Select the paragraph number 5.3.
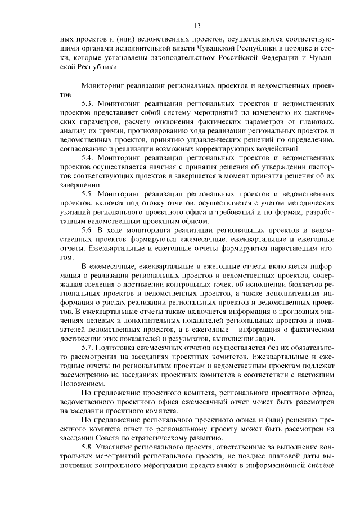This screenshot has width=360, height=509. (88, 105)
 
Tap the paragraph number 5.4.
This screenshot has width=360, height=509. (88, 159)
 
